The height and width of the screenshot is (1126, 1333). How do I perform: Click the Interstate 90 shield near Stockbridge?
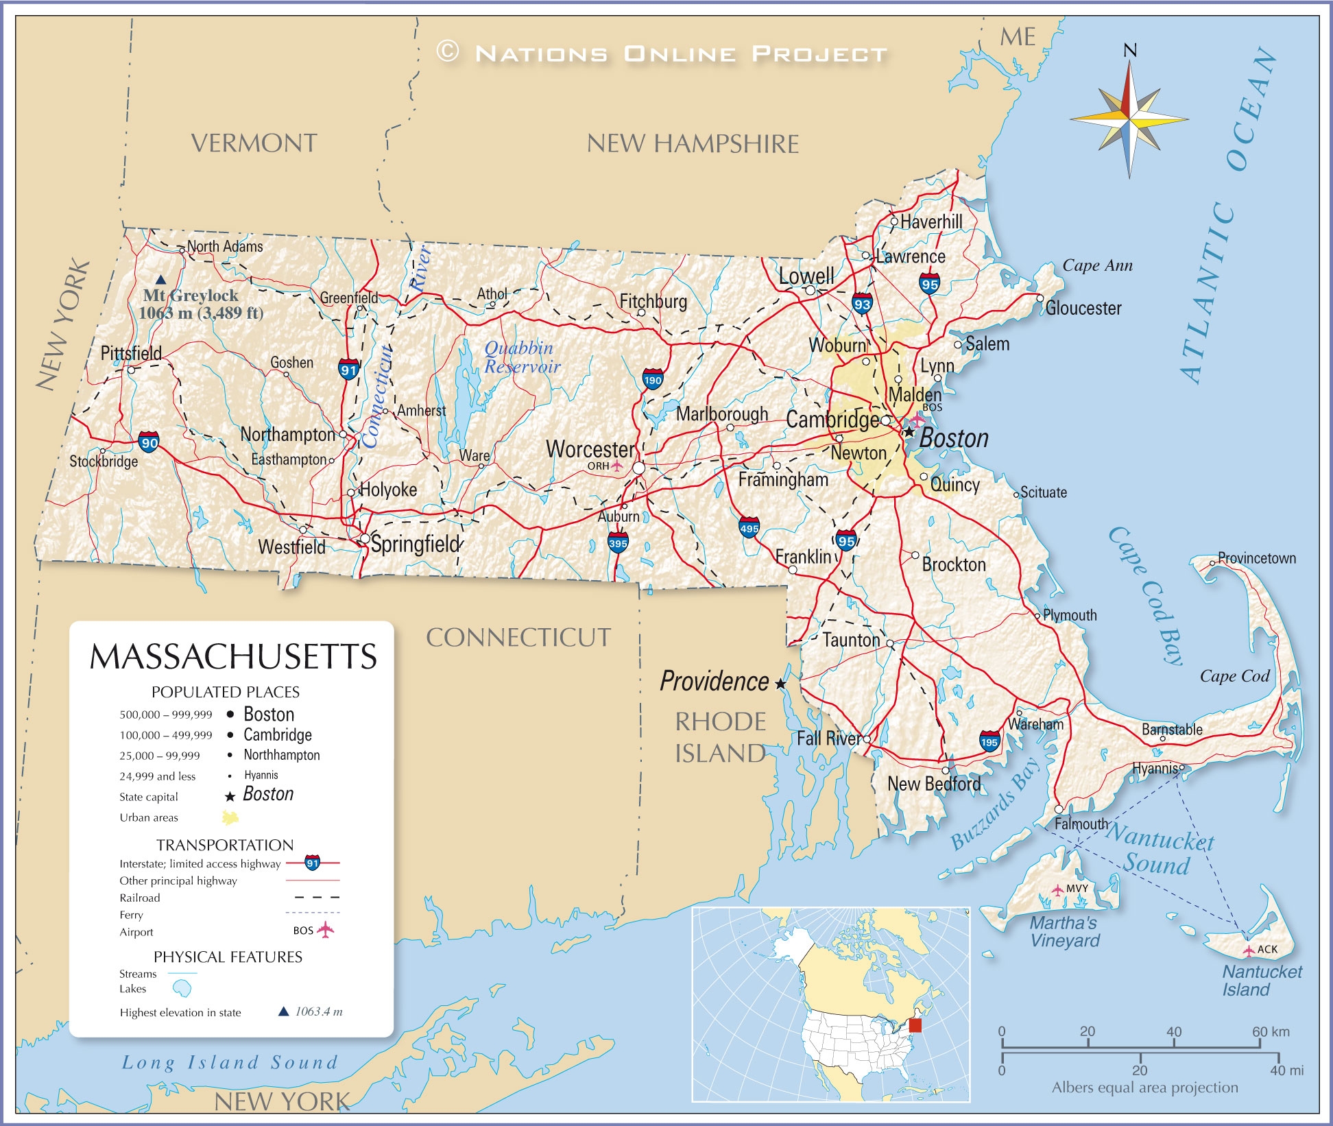(x=149, y=442)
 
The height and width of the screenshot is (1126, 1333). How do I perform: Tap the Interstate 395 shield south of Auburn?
(x=618, y=543)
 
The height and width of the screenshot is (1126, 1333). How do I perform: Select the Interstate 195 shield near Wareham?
(x=989, y=741)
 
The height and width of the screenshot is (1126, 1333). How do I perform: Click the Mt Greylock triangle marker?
(x=160, y=280)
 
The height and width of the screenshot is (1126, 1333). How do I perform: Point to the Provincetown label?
(x=1256, y=558)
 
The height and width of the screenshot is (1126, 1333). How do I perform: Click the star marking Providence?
(x=780, y=684)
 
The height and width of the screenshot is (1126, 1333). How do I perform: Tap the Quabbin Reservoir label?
(x=521, y=357)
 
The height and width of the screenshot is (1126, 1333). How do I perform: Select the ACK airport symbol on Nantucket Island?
(x=1249, y=950)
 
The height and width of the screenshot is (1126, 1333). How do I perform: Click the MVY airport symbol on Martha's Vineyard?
(x=1058, y=890)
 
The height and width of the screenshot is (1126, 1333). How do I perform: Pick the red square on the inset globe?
(x=915, y=1025)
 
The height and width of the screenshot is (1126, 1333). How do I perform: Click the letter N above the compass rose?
(x=1130, y=50)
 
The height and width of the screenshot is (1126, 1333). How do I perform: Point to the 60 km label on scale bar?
(x=1270, y=1031)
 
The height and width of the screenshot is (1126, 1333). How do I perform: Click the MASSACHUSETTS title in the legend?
(x=233, y=656)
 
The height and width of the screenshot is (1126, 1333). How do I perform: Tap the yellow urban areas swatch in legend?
(x=230, y=817)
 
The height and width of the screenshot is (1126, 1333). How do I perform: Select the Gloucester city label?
(x=1083, y=309)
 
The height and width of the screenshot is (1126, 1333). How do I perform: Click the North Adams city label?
(x=225, y=246)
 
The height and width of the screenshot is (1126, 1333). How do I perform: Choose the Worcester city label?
(x=590, y=449)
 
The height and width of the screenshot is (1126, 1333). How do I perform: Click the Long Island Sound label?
(x=230, y=1062)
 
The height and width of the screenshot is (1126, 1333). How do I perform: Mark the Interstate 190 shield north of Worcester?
(x=652, y=379)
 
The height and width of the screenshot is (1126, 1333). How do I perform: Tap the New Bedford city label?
(x=933, y=784)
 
